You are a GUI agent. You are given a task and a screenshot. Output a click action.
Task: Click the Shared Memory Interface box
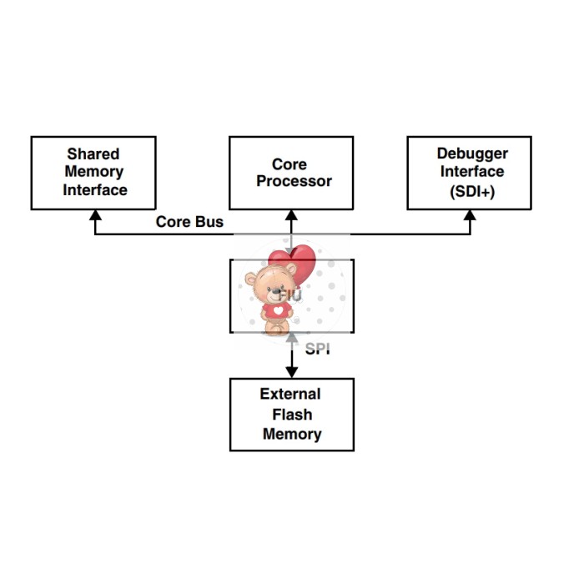coord(93,173)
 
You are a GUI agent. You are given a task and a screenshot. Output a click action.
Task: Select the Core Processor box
coord(291,173)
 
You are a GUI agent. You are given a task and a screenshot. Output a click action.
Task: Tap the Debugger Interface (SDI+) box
coord(470,173)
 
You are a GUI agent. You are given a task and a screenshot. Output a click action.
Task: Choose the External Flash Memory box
coord(291,414)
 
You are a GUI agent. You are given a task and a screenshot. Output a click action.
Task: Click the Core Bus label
coord(189,223)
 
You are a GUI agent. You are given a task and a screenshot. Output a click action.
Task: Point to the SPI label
coord(317,349)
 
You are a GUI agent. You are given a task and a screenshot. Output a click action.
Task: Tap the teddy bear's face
coord(272,285)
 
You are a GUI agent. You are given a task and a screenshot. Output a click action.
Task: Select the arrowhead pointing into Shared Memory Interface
coord(95,215)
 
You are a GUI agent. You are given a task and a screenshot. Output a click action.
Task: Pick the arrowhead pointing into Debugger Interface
coord(470,215)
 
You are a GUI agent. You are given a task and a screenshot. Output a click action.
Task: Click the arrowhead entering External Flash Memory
coord(291,372)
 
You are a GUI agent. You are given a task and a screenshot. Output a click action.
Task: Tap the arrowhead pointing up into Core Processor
coord(291,215)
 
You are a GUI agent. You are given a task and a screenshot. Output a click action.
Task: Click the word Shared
coord(93,154)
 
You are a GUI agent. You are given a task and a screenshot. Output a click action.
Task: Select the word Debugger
coord(472,154)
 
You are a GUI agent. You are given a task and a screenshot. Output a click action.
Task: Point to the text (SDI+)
coord(472,190)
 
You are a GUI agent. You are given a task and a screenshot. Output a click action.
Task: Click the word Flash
coord(292,415)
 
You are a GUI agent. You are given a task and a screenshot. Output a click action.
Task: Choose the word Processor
coord(294,181)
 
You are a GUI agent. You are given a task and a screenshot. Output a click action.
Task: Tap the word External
coord(290,395)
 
